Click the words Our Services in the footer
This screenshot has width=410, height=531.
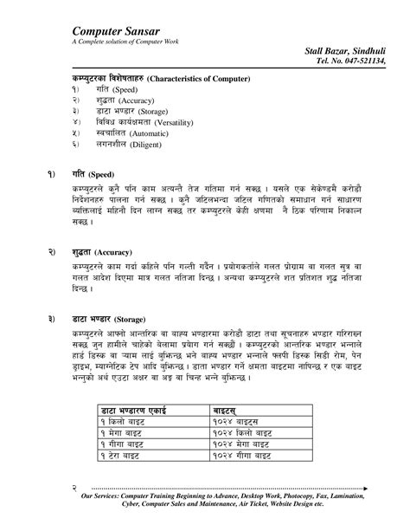(103, 499)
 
